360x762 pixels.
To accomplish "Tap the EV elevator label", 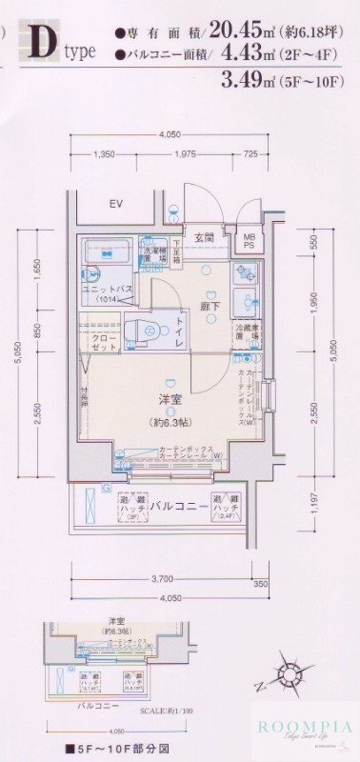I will click(116, 205).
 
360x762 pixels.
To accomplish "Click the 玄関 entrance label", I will click(205, 237).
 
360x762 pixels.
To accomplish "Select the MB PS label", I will click(249, 242).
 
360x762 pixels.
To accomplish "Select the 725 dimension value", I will click(250, 154).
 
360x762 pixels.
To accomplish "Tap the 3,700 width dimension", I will click(163, 579).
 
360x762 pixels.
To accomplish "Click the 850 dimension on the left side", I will click(39, 331).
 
